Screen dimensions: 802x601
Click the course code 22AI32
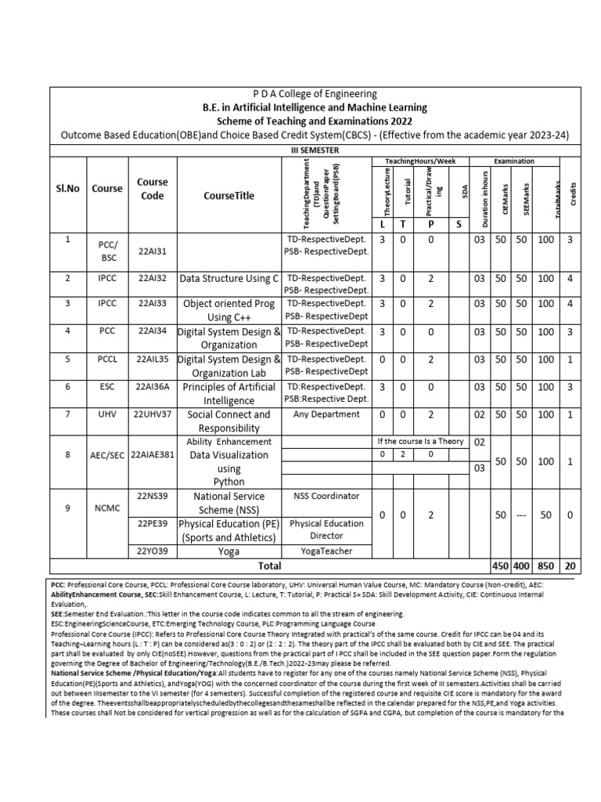153,277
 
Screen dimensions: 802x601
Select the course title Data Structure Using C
229,277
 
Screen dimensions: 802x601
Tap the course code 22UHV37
153,414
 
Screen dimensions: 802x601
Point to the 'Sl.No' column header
68,188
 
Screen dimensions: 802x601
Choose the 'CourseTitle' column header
229,195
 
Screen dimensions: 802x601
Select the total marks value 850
545,565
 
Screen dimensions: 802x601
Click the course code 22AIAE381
153,454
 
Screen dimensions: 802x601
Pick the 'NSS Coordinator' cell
326,496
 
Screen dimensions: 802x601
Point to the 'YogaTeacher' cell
326,551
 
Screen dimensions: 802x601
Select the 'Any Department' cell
326,414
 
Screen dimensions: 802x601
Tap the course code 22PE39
153,522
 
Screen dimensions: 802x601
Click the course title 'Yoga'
229,551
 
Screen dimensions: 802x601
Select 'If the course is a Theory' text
419,441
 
